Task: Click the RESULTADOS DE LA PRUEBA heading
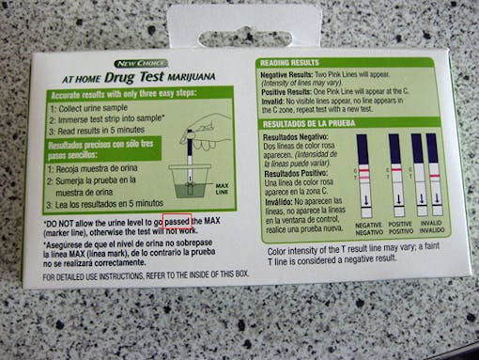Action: (x=311, y=124)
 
